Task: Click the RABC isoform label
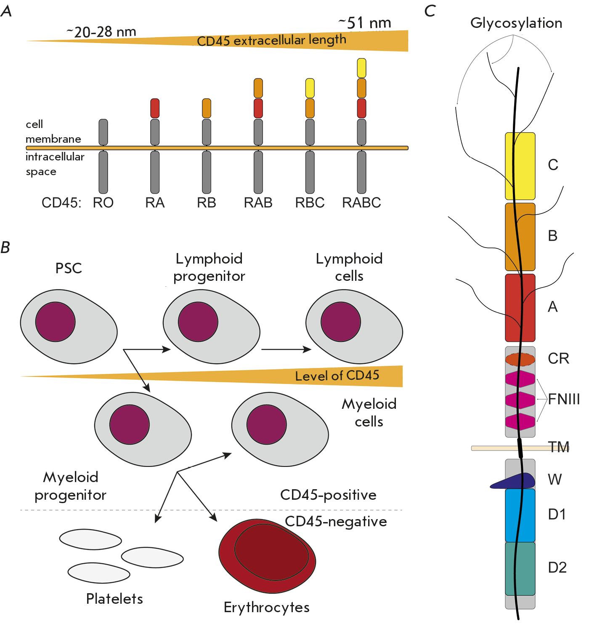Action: tap(361, 203)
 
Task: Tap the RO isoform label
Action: tap(103, 203)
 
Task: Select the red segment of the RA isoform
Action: tap(155, 108)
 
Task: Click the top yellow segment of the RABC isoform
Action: tap(361, 68)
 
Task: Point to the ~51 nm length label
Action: tap(365, 23)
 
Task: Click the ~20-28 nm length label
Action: tap(101, 32)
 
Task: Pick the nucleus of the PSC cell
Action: tap(56, 322)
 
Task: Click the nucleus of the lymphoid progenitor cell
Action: tap(198, 322)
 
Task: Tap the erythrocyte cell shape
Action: tap(267, 556)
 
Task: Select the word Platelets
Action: tap(114, 599)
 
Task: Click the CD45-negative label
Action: tap(336, 521)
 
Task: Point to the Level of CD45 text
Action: tap(337, 376)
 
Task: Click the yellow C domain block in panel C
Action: tap(520, 166)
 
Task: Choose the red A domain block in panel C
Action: tap(520, 308)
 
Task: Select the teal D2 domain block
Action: tap(520, 568)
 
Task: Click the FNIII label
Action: tap(564, 399)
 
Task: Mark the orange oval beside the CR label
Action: tap(520, 359)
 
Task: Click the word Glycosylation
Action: tap(516, 23)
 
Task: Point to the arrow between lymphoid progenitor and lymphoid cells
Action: tap(286, 349)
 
